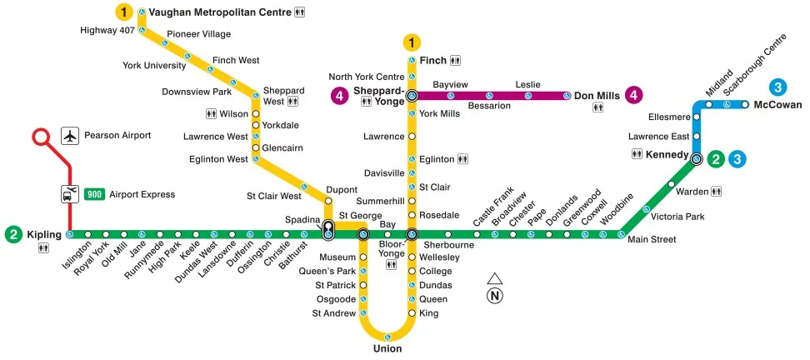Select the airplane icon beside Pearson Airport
70,135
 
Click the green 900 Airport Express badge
93,194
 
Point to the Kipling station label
43,234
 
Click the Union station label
387,348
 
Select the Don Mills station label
597,96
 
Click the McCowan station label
777,105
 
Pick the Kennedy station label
667,155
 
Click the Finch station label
432,61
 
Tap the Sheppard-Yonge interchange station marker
412,96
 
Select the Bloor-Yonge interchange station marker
412,234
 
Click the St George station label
360,216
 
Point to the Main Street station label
651,240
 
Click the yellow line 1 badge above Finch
412,42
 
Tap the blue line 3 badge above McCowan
777,87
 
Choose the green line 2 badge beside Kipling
13,234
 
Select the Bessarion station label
489,107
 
